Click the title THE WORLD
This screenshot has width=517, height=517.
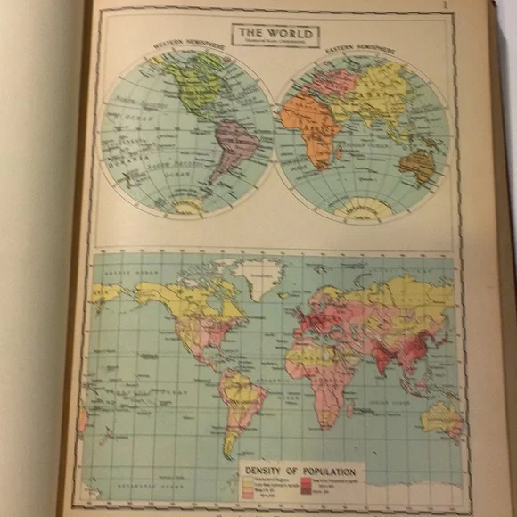[x=276, y=34]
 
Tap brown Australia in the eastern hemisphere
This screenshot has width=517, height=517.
[x=416, y=164]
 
